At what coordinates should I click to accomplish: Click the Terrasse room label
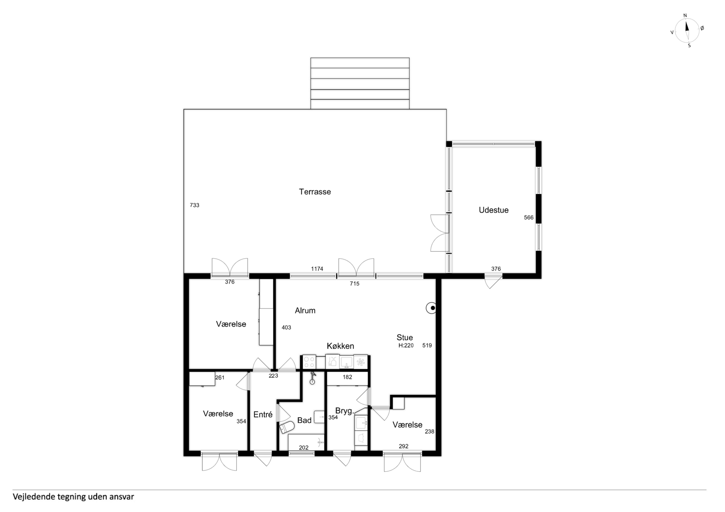point(315,192)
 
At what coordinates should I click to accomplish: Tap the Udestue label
point(494,210)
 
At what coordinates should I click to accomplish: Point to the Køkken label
point(340,346)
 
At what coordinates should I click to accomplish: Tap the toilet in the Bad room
point(287,428)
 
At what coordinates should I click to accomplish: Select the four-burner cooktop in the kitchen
point(309,362)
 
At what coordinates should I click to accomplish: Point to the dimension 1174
point(317,269)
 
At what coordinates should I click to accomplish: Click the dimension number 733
point(194,205)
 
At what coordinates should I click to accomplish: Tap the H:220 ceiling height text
point(406,345)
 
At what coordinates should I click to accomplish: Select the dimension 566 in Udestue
point(529,217)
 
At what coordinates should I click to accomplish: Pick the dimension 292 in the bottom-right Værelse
point(403,446)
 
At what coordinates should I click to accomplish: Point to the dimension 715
point(355,284)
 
